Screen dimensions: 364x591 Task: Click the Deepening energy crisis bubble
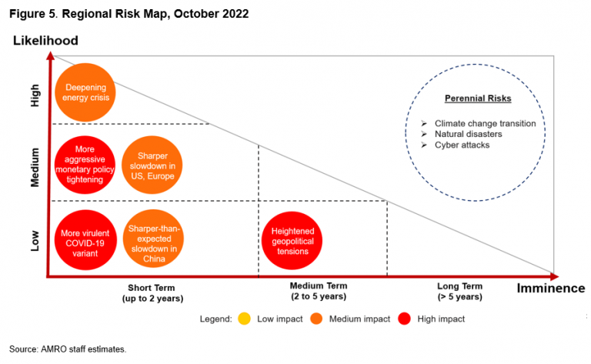pos(85,92)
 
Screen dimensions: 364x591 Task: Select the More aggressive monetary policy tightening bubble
pos(85,163)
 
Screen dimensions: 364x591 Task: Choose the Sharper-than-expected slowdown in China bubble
pos(152,238)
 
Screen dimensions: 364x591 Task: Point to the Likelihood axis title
pos(45,40)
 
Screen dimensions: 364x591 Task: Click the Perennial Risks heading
pos(478,99)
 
